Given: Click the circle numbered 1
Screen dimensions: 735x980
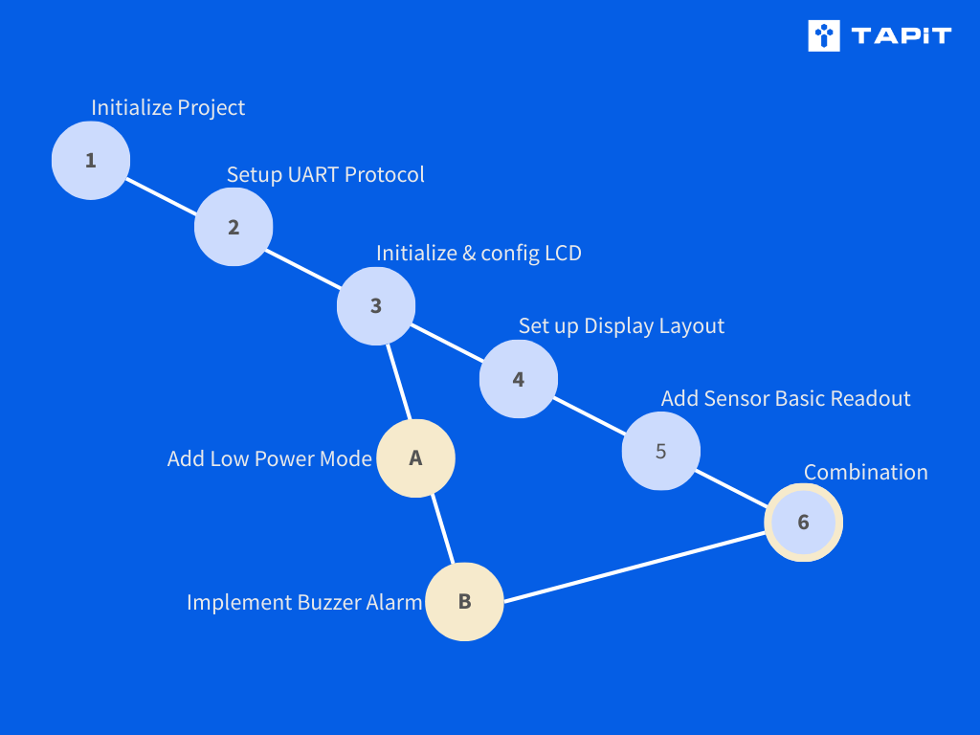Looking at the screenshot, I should coord(90,161).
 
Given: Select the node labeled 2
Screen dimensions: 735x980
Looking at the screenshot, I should coord(234,228).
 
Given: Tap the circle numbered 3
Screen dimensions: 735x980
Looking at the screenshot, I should coord(376,306).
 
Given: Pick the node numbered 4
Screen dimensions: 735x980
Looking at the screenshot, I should coord(518,379).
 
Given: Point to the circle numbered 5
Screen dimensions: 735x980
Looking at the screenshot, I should coord(660,451).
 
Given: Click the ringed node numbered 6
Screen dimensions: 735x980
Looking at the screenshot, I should coord(803,523).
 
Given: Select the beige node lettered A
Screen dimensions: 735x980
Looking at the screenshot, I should coord(415,458).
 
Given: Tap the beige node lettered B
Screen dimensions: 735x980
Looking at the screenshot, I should coord(464,601).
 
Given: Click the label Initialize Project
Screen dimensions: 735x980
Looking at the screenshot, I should coord(167,108).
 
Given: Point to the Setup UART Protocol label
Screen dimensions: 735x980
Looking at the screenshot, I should coord(325,175).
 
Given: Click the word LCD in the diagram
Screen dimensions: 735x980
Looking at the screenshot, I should coord(562,254).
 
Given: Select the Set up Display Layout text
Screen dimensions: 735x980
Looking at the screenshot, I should coord(621,326).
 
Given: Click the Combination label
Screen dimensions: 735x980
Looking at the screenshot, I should coord(865,473).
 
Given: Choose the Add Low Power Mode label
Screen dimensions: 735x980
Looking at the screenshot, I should coord(269,459).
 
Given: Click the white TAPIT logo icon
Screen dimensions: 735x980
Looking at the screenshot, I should coord(823,35).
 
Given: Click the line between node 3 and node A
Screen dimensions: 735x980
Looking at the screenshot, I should coord(399,382).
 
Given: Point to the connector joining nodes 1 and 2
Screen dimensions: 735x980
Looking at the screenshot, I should coord(162,194).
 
